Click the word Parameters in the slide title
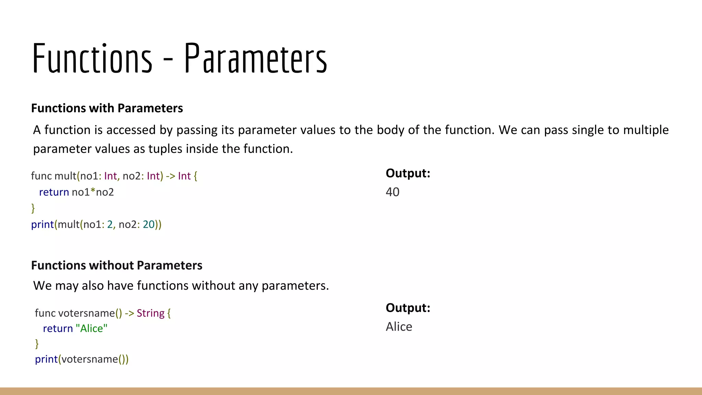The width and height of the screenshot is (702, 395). coord(256,58)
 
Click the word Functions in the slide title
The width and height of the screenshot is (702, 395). coord(92,58)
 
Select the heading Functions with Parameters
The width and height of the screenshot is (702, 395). coord(107,108)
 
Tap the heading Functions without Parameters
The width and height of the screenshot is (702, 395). coord(117,265)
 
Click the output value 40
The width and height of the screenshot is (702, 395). coord(392,192)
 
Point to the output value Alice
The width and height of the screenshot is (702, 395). coord(399,327)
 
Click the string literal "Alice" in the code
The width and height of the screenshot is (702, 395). coord(92,328)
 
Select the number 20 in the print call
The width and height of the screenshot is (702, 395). coord(149,224)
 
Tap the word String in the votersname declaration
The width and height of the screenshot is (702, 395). coord(150,313)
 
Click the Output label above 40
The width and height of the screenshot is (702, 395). coord(408,173)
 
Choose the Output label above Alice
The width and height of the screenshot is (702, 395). coord(408,308)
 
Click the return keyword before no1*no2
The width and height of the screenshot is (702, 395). coord(54,192)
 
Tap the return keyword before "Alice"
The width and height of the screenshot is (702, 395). coord(58,328)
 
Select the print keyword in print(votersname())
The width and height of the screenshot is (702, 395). coord(46,359)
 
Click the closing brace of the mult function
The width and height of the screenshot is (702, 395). coord(33,208)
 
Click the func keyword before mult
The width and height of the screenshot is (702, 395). coord(41,176)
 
